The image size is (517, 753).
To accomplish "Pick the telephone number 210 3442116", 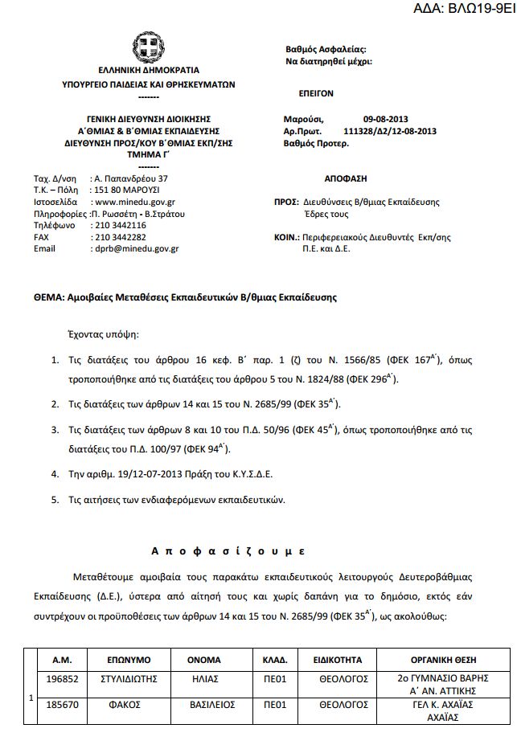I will click(119, 227).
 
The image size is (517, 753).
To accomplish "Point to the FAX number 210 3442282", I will click(119, 239).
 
